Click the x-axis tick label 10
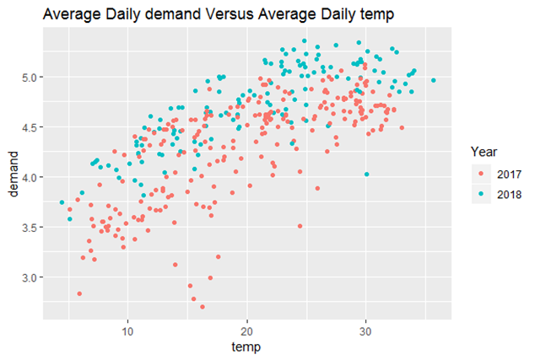point(127,331)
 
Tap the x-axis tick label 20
point(246,331)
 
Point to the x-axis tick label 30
point(365,331)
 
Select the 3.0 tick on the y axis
point(30,277)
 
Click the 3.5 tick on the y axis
point(30,228)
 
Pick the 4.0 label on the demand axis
point(30,177)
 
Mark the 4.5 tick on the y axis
point(30,127)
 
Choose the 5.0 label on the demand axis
point(30,78)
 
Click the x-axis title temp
point(246,347)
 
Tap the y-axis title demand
point(13,175)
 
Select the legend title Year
point(484,152)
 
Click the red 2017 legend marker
point(481,175)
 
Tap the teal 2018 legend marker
point(481,194)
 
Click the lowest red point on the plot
point(203,307)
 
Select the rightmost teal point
point(434,80)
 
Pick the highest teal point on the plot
point(305,41)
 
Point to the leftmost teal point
point(62,202)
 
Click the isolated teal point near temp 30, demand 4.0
point(367,175)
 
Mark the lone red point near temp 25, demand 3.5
point(300,226)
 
